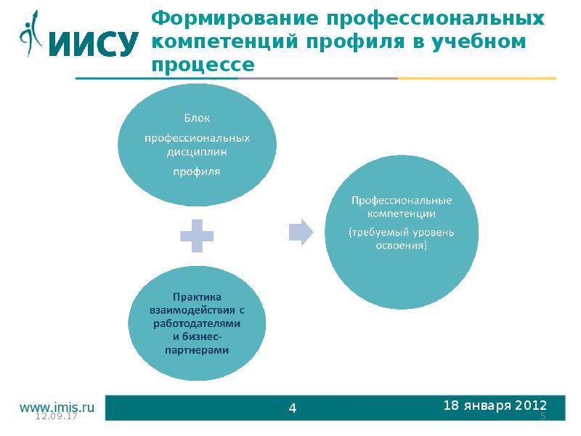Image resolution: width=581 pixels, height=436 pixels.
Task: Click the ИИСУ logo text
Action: tap(93, 43)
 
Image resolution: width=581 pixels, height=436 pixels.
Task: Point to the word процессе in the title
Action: tap(203, 65)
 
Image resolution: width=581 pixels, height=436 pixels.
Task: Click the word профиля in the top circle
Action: tap(196, 172)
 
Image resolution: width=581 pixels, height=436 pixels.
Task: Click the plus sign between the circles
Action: tap(197, 235)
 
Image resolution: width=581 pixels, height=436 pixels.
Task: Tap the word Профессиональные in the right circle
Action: tap(402, 200)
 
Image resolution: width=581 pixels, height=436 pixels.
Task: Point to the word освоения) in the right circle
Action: tap(402, 246)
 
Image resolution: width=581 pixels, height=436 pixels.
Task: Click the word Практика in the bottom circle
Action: tap(197, 296)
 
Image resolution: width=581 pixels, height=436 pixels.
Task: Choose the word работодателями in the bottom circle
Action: tap(197, 323)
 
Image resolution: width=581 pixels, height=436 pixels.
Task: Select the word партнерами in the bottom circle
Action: tap(197, 350)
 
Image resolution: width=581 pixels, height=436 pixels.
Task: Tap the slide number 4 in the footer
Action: tap(293, 408)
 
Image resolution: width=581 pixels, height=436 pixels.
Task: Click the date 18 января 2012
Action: tap(495, 405)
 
